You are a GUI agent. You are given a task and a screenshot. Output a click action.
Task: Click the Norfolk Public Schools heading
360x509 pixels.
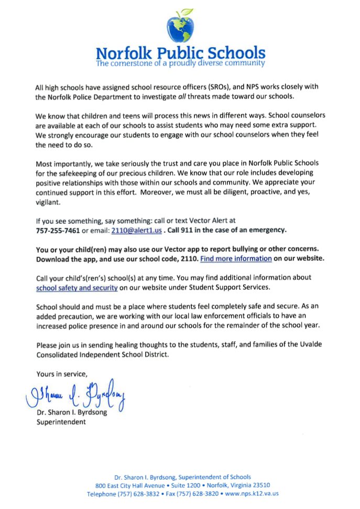(x=180, y=53)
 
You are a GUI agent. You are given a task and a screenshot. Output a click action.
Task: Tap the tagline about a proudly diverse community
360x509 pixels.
(x=180, y=63)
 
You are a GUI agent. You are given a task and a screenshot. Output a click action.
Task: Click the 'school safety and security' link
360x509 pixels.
(x=77, y=288)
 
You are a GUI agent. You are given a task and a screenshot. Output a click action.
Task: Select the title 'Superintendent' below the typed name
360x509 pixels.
(x=61, y=421)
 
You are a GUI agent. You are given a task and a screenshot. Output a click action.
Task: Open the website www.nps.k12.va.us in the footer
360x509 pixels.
(x=252, y=494)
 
